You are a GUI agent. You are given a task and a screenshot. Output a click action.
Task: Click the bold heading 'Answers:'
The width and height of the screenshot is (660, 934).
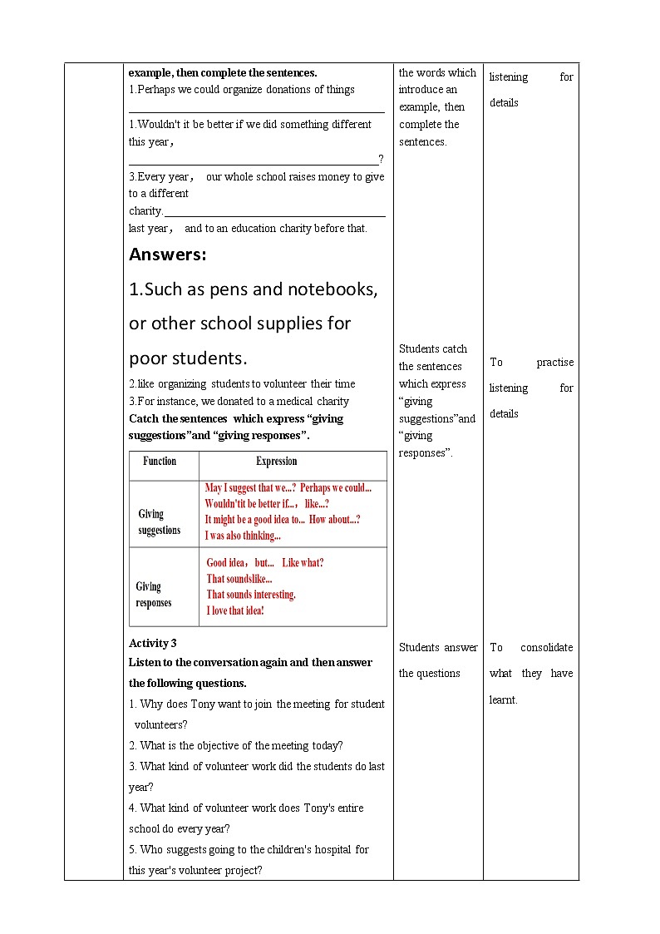[x=168, y=255]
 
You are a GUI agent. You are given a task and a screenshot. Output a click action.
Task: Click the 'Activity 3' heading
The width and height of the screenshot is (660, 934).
[x=153, y=643]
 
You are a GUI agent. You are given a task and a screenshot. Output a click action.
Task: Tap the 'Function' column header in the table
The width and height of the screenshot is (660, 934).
[x=160, y=461]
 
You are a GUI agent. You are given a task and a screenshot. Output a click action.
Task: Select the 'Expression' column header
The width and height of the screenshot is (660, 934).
[x=276, y=461]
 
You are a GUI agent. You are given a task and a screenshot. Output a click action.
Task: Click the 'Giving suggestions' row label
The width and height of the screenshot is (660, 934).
[x=159, y=522]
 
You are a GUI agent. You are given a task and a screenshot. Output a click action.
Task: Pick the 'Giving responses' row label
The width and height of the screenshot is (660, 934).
[x=154, y=595]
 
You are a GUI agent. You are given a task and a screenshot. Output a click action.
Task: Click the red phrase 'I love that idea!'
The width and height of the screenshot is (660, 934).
[x=235, y=610]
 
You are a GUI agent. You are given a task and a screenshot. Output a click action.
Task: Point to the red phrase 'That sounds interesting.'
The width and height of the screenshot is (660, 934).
[x=251, y=595]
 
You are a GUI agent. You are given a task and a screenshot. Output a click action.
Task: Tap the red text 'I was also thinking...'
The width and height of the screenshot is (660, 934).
[x=243, y=536]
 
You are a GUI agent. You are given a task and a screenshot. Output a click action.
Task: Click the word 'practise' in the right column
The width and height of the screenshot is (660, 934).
[x=554, y=362]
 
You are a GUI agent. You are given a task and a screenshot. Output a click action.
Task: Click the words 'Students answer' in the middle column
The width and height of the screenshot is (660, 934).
[x=438, y=647]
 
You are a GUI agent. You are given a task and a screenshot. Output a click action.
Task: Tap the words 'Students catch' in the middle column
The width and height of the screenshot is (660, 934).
[x=433, y=348]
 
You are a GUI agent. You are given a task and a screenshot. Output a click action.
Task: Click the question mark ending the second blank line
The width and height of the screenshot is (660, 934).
[x=381, y=159]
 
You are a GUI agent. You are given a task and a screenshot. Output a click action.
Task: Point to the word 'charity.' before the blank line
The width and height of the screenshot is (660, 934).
[x=145, y=211]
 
